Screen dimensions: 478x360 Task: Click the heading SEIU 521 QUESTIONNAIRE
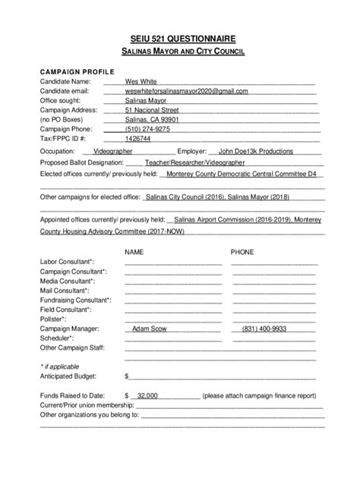[x=180, y=37]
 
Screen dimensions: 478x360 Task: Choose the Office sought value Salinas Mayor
[x=146, y=101]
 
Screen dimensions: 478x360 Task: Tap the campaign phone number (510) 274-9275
[x=147, y=129]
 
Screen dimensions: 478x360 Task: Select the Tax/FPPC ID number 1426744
[x=137, y=139]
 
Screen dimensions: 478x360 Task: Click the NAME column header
[x=134, y=250]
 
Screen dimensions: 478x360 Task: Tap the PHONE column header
[x=242, y=250]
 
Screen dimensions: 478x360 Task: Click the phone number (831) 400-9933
[x=264, y=329]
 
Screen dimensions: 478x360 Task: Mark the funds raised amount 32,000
[x=147, y=395]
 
